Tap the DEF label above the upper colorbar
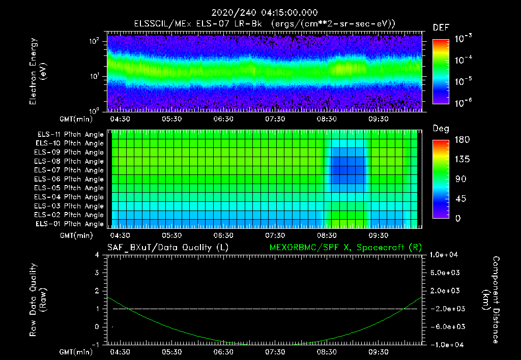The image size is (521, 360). [x=441, y=28]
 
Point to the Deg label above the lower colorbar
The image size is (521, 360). [x=441, y=129]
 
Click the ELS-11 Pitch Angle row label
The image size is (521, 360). [x=70, y=134]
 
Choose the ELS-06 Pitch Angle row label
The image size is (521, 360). [x=70, y=179]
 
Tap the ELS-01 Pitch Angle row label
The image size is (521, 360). [x=70, y=224]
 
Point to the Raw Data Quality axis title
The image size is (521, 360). [x=38, y=300]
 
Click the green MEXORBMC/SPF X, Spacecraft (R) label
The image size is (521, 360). [x=345, y=248]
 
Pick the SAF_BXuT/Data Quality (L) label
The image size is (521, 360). [x=167, y=248]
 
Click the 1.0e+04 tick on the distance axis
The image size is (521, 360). [x=445, y=255]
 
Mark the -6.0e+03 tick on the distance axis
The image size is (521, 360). [x=445, y=326]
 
